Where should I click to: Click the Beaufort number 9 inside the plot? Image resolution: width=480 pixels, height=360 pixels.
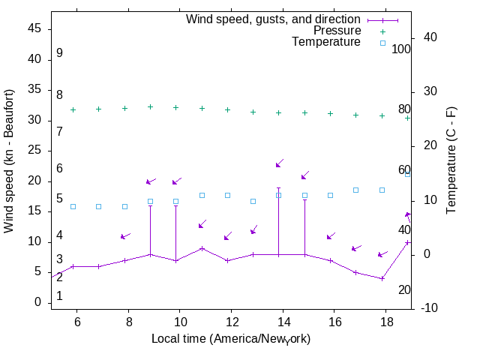59,53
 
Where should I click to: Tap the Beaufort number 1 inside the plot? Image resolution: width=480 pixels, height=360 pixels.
59,296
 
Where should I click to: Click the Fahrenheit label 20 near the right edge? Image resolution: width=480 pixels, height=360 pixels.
404,290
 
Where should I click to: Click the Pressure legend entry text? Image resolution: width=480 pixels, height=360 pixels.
337,31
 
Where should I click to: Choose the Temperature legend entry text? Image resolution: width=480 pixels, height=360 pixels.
325,42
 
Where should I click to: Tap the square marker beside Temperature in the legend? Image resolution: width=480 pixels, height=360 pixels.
382,43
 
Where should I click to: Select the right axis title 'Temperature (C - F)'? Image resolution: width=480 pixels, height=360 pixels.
453,159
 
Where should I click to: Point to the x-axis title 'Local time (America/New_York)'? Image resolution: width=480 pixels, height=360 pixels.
231,339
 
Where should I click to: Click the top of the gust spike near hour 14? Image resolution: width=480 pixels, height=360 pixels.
278,188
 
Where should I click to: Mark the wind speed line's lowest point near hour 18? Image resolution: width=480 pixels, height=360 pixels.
382,278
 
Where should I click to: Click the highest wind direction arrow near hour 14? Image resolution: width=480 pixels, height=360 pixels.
279,163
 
